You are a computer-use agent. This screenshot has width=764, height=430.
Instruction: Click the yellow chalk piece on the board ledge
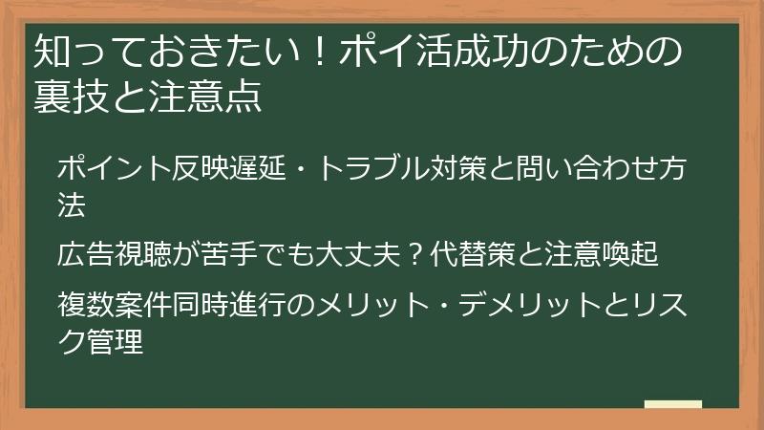click(672, 405)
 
